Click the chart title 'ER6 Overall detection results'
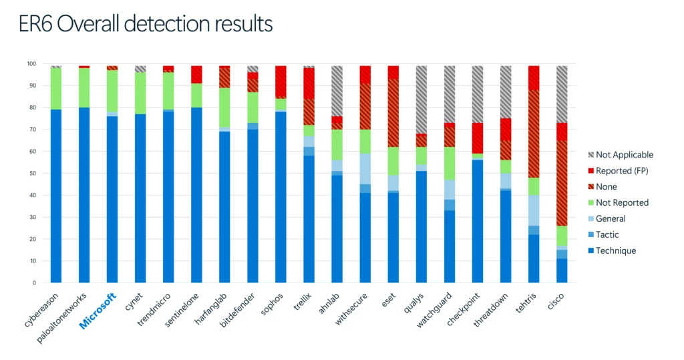tap(146, 23)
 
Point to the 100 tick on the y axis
tap(31, 64)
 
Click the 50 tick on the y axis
tap(32, 174)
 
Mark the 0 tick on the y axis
tap(34, 283)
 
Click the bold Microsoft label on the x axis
tap(99, 310)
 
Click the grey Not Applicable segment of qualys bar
tap(421, 100)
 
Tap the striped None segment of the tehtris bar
tap(533, 134)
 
